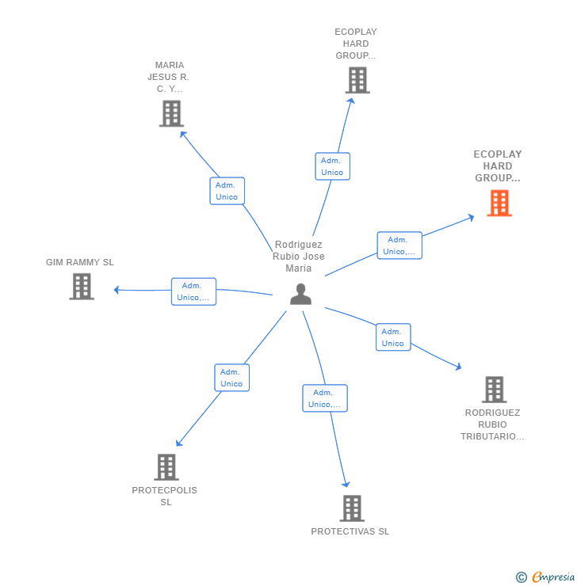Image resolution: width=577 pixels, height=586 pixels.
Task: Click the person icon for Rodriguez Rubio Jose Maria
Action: coord(300,294)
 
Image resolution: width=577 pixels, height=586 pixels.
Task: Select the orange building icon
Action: coord(499,204)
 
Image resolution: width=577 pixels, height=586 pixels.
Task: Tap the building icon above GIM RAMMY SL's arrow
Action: coord(82,287)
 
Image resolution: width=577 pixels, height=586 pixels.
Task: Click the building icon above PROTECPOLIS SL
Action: coord(166,467)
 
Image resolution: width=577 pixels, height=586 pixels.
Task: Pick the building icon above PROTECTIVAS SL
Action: coord(351,508)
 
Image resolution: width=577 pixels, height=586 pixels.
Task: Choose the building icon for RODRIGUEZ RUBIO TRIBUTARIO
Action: coord(494,390)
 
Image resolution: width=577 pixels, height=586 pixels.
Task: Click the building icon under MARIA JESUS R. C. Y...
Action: coord(171,113)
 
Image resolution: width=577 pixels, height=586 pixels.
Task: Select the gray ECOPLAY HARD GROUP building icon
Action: coord(357,80)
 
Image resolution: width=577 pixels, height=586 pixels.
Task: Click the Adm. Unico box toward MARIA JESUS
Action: coord(227,191)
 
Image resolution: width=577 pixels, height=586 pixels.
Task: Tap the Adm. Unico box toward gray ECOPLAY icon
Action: coord(332,166)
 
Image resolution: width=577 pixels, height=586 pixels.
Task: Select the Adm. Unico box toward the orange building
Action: coord(399,245)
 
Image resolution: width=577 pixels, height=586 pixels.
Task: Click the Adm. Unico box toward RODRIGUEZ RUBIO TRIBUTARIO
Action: coord(393,337)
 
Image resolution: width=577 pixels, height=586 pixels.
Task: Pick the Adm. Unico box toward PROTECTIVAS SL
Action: coord(325,398)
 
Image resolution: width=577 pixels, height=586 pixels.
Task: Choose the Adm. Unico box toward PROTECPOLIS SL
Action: coord(231,378)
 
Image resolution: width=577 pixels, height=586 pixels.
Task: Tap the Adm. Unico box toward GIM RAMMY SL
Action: coord(193,291)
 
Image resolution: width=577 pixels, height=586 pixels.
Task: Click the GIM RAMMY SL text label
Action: coord(80,262)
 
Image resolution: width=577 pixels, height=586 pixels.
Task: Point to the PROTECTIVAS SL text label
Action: coord(350,531)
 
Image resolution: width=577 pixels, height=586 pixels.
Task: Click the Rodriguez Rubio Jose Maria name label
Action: coord(299,257)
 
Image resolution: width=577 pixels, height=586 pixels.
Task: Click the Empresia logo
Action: coord(547,577)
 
